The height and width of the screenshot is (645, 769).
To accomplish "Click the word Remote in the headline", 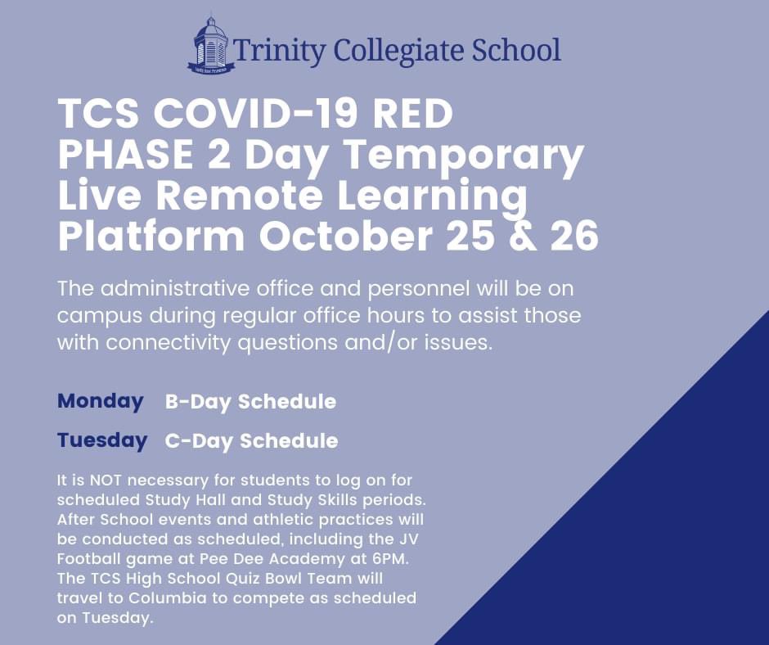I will [x=236, y=196].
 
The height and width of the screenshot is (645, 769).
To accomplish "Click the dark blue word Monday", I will [x=100, y=402].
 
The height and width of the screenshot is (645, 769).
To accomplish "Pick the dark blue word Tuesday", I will [x=102, y=440].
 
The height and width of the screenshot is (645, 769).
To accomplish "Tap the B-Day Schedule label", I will [x=250, y=402].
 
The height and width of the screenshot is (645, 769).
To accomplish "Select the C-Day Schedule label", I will [x=251, y=441].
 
